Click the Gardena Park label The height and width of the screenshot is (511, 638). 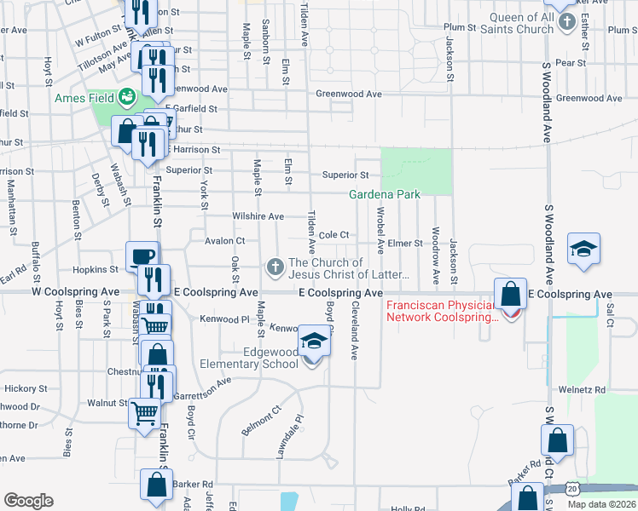(x=385, y=195)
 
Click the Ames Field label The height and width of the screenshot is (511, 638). (x=84, y=98)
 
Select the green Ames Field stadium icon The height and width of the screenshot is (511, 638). (x=127, y=96)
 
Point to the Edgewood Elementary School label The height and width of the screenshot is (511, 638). (x=248, y=358)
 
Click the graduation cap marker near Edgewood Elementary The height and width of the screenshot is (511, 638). (x=314, y=342)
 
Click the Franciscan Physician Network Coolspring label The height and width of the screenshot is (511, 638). (x=443, y=311)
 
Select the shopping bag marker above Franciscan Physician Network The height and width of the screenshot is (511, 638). (x=510, y=294)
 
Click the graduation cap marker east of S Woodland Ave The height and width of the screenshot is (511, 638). (x=585, y=249)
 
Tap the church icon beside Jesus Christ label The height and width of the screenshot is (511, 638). (x=275, y=268)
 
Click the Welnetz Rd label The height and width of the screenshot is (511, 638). (x=588, y=390)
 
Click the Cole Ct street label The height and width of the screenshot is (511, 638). (x=334, y=235)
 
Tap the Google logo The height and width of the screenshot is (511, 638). (x=28, y=501)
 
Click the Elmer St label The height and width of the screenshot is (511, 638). (x=405, y=244)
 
